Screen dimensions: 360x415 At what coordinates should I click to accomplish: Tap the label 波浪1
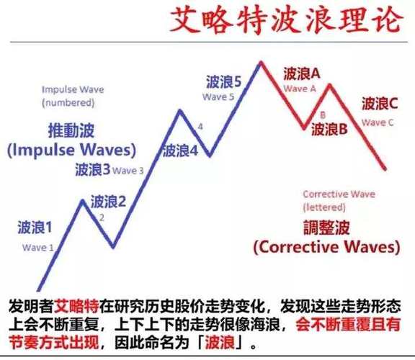click(x=35, y=229)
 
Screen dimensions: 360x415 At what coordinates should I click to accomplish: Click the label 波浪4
click(x=180, y=150)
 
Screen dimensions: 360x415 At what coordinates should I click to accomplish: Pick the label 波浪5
click(x=223, y=81)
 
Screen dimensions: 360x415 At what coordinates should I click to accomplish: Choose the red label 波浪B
click(x=330, y=130)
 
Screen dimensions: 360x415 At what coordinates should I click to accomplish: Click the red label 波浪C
click(x=379, y=104)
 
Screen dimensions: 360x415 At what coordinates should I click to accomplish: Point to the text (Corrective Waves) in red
click(x=326, y=247)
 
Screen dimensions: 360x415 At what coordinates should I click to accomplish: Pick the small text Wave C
click(x=378, y=122)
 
